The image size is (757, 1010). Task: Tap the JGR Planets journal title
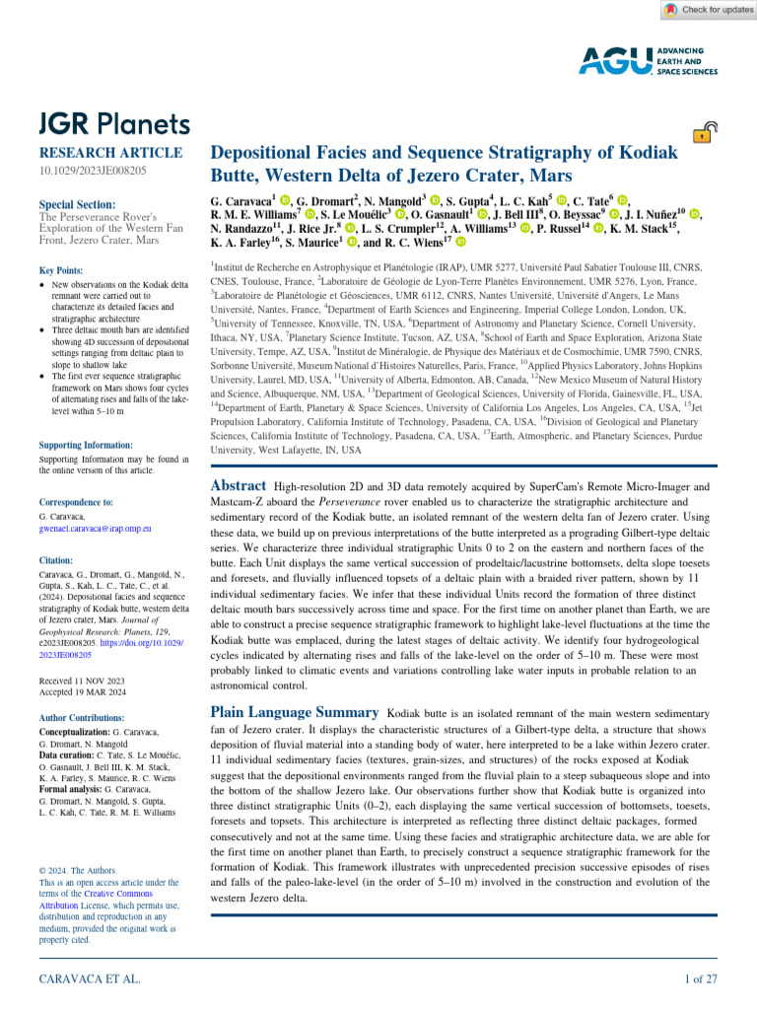(113, 123)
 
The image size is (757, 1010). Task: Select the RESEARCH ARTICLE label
(109, 153)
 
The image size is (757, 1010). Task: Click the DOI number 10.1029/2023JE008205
(92, 171)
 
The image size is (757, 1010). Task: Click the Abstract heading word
(239, 485)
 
